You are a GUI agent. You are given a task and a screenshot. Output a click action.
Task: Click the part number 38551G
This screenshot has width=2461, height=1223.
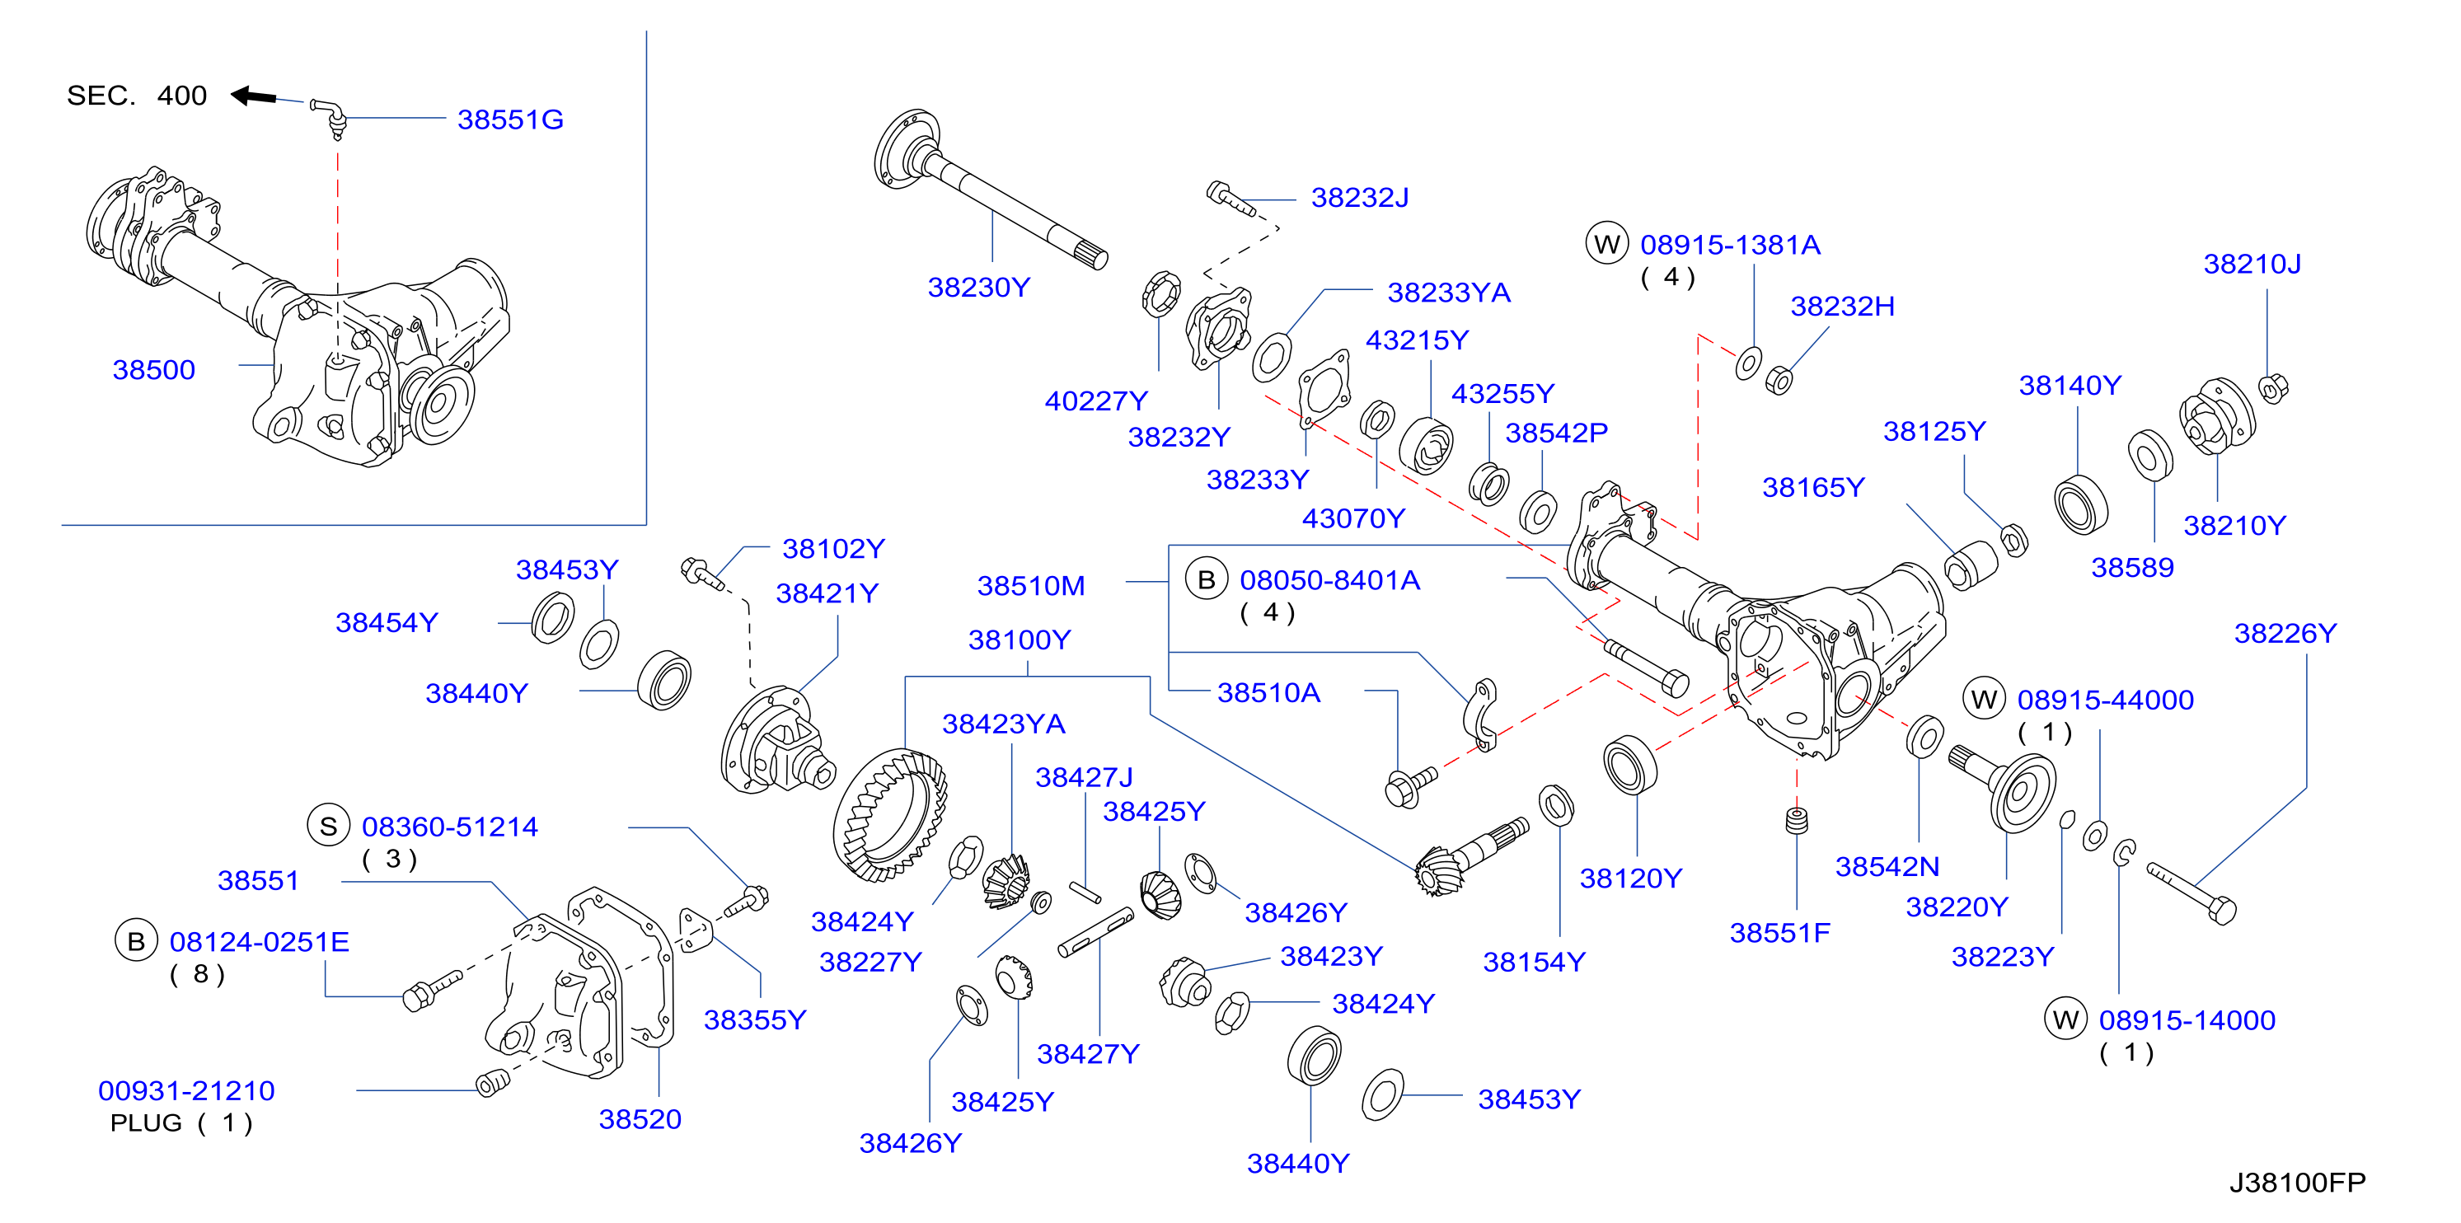click(510, 119)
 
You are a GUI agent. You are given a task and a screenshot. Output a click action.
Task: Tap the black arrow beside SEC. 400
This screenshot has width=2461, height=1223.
click(254, 96)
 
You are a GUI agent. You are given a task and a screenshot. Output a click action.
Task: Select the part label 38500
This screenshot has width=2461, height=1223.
click(154, 370)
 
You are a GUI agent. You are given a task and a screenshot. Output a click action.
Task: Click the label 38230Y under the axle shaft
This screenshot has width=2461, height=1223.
click(979, 287)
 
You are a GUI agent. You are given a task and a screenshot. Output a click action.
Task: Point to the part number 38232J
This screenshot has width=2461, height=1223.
click(1359, 197)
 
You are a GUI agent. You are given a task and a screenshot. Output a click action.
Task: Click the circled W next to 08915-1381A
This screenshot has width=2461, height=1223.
click(1607, 244)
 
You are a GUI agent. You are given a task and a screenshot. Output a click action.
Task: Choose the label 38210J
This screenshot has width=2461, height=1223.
click(2252, 264)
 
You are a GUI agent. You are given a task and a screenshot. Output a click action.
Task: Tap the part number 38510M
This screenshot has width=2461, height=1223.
click(1031, 585)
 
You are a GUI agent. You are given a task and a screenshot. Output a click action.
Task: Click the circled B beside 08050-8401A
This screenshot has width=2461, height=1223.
click(1207, 579)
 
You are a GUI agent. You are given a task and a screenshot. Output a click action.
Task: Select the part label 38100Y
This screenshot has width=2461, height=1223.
click(1020, 640)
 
